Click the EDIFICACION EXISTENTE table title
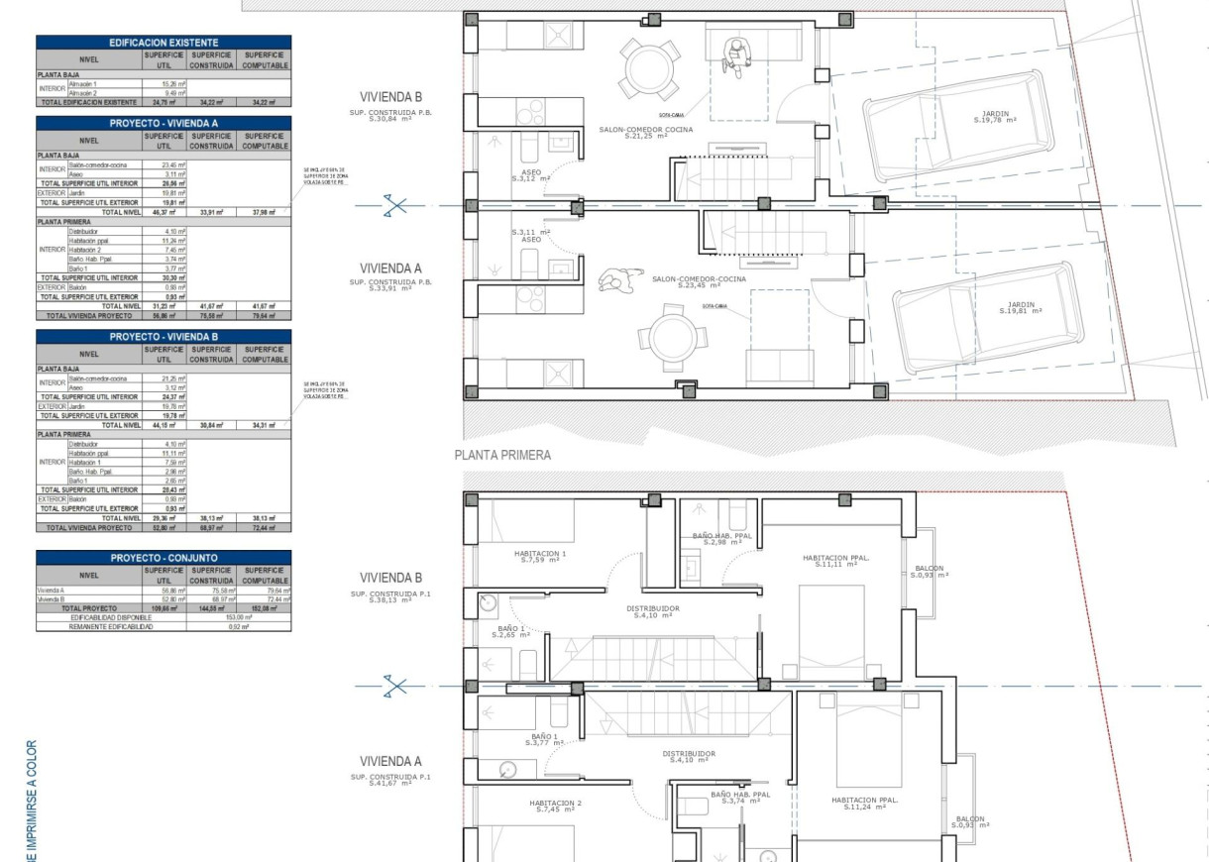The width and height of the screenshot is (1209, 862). (164, 43)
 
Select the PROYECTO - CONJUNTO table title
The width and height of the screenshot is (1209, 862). (164, 558)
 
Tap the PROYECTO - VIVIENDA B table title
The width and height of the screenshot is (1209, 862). (164, 337)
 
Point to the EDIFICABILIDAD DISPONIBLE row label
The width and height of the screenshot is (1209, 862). (110, 616)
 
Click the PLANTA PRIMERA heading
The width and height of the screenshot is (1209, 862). (502, 456)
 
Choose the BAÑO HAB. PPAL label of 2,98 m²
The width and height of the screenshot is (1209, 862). (722, 539)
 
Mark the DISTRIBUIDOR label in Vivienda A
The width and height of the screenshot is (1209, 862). (688, 756)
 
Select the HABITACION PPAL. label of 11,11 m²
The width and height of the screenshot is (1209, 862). (835, 562)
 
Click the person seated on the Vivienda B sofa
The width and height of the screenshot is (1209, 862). (734, 54)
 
